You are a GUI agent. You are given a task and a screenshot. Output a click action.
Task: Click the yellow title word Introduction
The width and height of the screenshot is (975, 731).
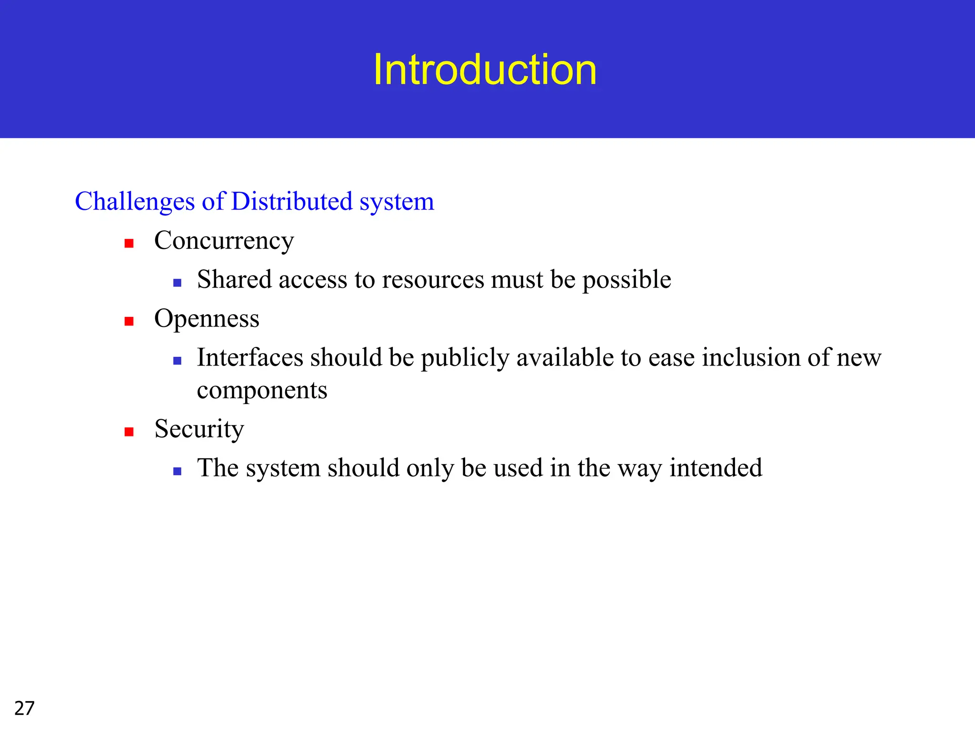pos(485,70)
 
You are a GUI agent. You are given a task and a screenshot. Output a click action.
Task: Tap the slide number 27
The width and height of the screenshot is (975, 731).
pos(24,708)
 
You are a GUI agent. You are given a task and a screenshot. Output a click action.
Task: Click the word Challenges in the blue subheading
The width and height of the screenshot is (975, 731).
pos(135,202)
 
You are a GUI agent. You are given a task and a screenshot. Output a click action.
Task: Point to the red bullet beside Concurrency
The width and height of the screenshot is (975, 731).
pos(129,244)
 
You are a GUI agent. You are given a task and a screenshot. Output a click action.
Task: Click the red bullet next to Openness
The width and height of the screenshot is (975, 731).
pos(129,321)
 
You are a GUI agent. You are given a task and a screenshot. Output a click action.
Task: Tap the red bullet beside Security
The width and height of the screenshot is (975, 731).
pos(129,432)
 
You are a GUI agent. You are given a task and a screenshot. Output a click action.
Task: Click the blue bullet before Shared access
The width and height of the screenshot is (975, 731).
pos(177,283)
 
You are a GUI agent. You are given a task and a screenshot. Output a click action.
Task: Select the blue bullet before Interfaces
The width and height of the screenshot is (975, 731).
pos(177,361)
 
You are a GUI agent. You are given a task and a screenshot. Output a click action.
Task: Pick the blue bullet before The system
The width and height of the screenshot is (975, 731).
pos(177,471)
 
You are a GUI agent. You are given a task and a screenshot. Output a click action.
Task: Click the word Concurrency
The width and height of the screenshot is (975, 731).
pos(224,241)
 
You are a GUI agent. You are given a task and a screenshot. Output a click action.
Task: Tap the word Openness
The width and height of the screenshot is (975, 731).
pos(207,318)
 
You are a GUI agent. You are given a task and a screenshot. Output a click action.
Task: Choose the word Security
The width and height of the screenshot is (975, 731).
pos(199,429)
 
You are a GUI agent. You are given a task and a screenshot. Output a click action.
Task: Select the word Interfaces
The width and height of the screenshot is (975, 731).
pos(249,357)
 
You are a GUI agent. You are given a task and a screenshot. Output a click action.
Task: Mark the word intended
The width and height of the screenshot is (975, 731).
pos(716,468)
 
